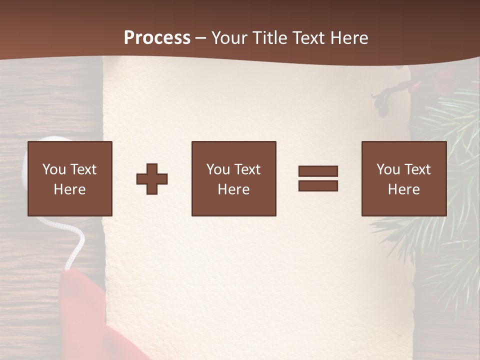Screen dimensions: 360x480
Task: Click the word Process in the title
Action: tap(157, 38)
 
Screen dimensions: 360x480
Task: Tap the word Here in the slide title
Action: tap(348, 38)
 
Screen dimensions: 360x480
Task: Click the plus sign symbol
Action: tap(152, 179)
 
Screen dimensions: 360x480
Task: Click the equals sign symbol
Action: tap(318, 178)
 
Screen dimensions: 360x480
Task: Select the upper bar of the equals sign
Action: tap(318, 171)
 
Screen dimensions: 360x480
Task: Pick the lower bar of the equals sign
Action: tap(318, 186)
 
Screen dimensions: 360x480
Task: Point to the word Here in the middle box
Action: tap(233, 189)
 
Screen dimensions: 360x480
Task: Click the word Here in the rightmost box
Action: tap(403, 189)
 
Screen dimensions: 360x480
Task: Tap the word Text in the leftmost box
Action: tap(83, 169)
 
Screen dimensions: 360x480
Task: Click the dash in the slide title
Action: tap(200, 38)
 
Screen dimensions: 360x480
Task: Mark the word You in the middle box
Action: tap(218, 169)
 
